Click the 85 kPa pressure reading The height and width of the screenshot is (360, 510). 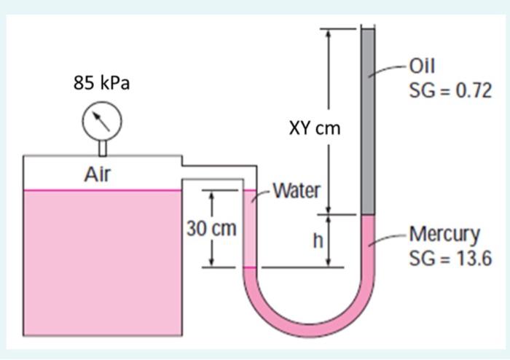pos(101,83)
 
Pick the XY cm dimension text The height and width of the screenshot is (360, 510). pos(315,128)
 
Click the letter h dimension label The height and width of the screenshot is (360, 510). pos(318,240)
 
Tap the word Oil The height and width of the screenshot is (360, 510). pos(423,66)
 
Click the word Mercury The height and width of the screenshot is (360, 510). pos(444,234)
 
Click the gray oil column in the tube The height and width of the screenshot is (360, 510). pos(368,124)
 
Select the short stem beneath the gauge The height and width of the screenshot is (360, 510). pos(102,148)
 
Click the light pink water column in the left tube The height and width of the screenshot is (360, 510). pos(249,230)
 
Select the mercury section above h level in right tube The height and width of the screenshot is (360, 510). pos(368,240)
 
